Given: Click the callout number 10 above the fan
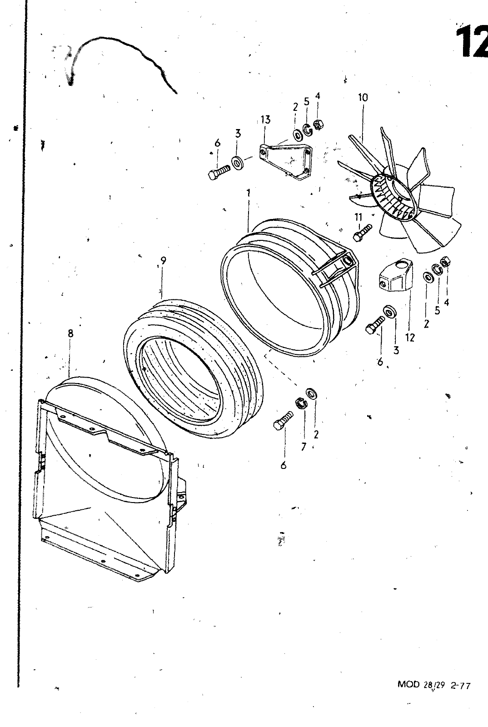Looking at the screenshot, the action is tap(363, 97).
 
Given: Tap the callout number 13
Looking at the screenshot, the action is tap(265, 120).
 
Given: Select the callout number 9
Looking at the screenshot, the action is tap(163, 260).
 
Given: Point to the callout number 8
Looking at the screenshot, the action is tap(71, 334).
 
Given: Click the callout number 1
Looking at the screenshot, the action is tap(249, 193).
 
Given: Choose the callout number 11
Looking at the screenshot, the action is tap(358, 217).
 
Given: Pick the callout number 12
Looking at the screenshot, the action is tap(410, 338).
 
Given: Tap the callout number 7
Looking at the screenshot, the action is tap(304, 447).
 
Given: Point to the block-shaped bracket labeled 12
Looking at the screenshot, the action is tap(395, 275).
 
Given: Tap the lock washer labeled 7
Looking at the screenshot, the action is tap(301, 403).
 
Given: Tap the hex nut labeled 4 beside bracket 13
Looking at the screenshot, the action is tap(318, 125).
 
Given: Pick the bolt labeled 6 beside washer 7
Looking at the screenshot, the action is tap(283, 421).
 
